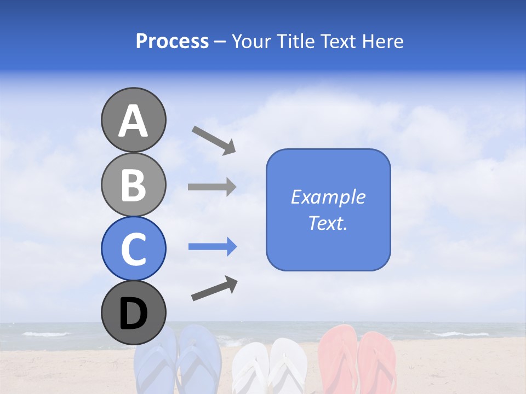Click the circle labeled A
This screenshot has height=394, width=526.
coord(133,120)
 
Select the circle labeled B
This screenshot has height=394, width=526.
coord(133,184)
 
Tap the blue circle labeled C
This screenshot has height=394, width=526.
coord(133,248)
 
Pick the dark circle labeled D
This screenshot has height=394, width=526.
coord(133,312)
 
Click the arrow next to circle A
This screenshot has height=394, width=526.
coord(214,140)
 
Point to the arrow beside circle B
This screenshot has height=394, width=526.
coord(212,187)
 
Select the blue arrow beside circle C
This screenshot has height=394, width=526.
coord(213,247)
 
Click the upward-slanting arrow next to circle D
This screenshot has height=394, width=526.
coord(214,288)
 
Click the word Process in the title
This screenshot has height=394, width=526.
coord(172,41)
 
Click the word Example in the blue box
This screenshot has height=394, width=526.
coord(328,197)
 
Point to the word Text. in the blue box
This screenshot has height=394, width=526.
coord(328,223)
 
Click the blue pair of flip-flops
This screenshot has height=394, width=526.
coord(177,361)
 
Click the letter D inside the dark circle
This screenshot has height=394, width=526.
coord(133,314)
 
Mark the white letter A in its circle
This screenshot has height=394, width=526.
coord(133,121)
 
